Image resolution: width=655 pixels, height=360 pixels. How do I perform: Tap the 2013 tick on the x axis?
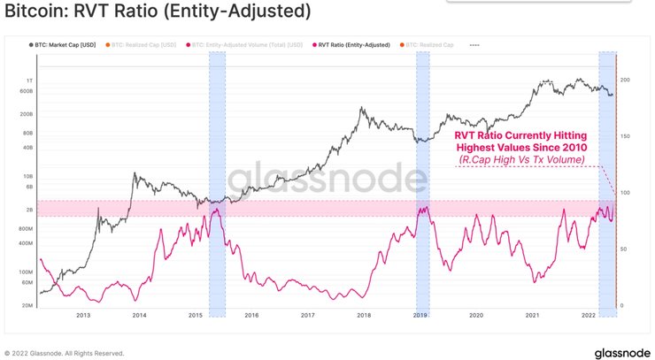[82, 314]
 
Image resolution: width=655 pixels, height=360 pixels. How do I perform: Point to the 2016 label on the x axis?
[250, 314]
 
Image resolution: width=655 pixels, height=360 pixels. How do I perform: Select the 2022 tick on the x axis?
[588, 314]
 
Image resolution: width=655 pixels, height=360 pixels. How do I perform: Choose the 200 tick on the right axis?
[624, 80]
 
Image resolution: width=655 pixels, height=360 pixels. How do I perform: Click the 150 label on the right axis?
[624, 136]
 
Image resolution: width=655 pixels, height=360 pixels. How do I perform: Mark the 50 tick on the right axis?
[624, 249]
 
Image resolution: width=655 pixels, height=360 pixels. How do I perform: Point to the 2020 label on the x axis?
[475, 314]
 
